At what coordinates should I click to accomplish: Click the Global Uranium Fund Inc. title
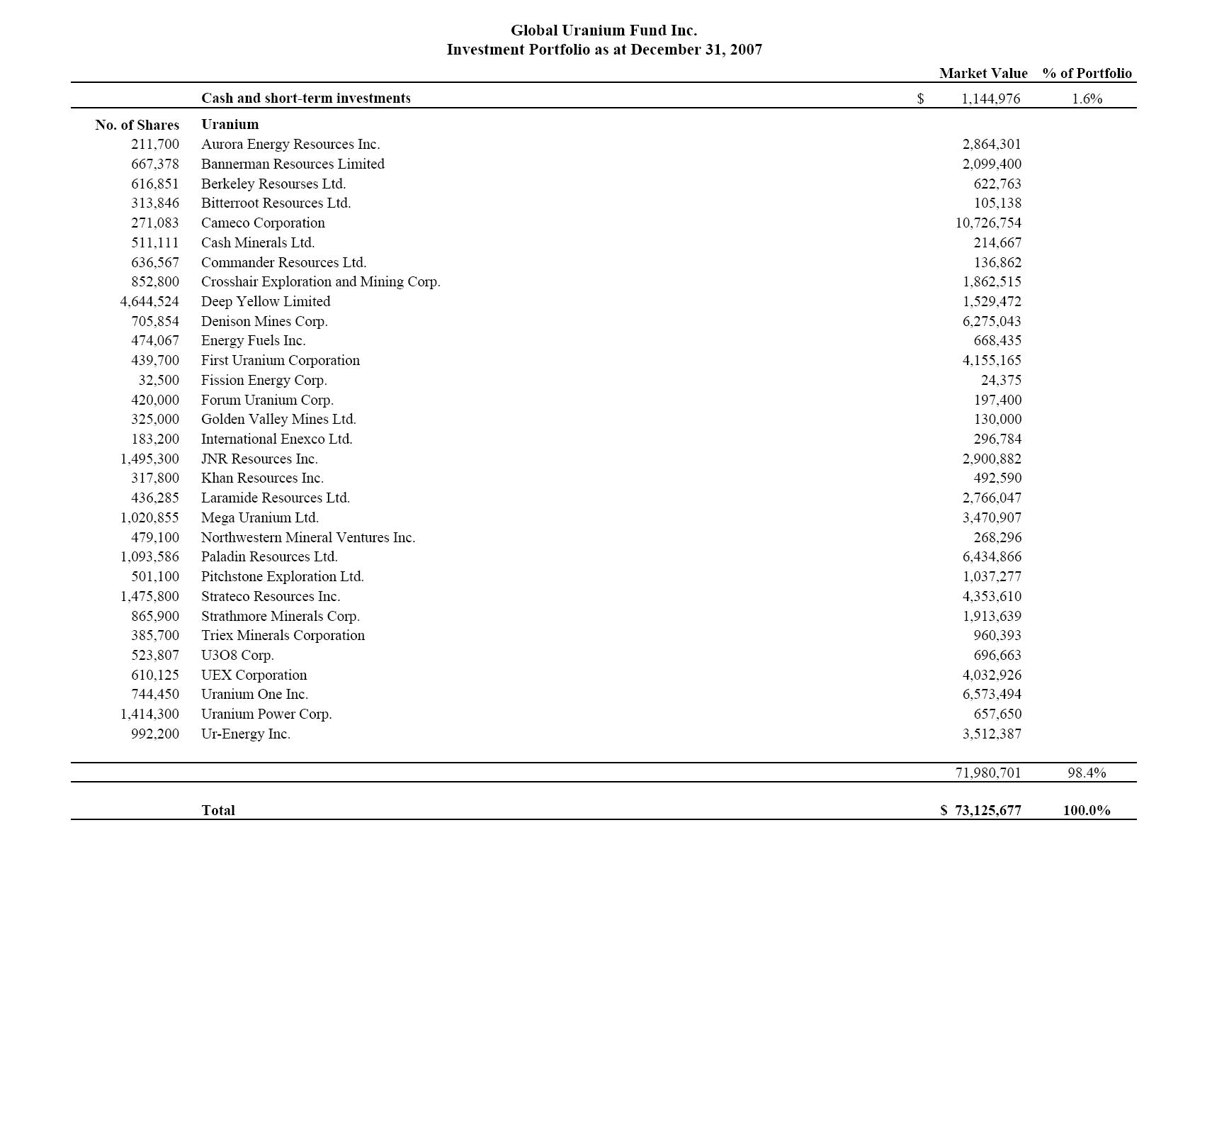coord(604,30)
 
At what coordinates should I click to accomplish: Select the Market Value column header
coord(982,73)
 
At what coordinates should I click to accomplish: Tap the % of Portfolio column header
coord(1087,73)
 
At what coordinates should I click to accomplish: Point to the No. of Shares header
coord(137,125)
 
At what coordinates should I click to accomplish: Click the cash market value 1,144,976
coord(990,99)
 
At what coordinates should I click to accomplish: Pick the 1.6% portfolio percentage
coord(1087,99)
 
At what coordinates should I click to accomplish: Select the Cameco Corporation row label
coord(263,223)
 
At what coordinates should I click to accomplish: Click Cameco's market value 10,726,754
coord(988,223)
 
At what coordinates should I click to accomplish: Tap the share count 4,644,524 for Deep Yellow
coord(149,301)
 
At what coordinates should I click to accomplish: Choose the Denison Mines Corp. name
coord(264,321)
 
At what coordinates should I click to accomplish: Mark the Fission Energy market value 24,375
coord(1001,380)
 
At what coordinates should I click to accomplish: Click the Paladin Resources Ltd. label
coord(269,556)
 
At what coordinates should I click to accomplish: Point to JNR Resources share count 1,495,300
coord(149,459)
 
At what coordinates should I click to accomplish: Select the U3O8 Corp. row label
coord(237,655)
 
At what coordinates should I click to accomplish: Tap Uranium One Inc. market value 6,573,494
coord(992,694)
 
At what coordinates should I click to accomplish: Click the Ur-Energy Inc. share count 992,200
coord(155,734)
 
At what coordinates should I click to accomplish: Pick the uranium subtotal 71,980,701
coord(988,773)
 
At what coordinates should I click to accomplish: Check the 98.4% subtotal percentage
coord(1087,773)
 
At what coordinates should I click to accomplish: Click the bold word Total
coord(218,810)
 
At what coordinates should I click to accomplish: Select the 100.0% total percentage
coord(1087,810)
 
